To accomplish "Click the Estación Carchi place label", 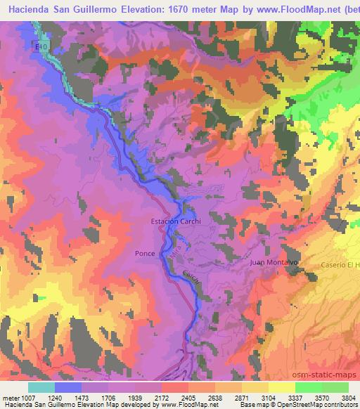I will tap(176, 222).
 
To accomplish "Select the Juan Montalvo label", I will tap(275, 262).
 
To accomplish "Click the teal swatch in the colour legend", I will tap(41, 387).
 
